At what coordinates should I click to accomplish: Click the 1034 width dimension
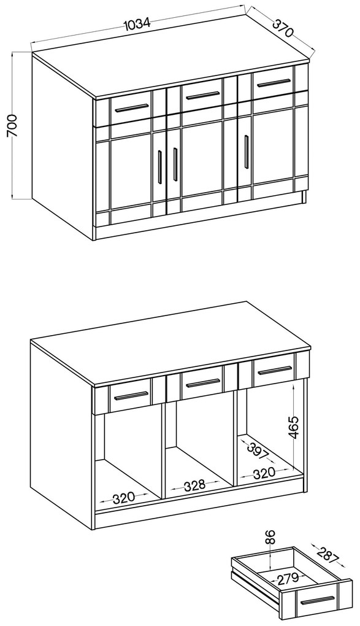point(137,24)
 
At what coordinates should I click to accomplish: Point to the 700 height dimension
point(12,125)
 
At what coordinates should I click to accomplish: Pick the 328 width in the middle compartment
point(194,485)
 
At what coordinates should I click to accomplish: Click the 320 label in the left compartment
point(124,498)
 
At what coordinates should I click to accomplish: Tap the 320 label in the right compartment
point(264,474)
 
